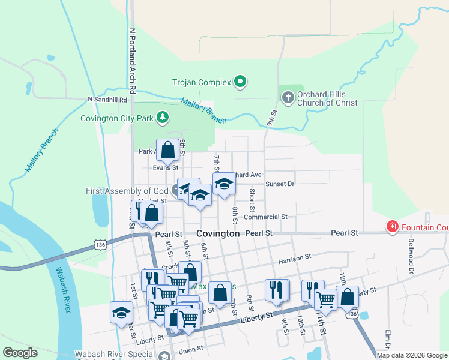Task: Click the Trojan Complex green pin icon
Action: coord(240,81)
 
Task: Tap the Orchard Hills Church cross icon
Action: coord(288,97)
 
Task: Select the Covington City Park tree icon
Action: coord(162,117)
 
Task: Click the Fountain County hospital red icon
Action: coord(392,226)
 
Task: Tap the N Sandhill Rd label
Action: coord(107,100)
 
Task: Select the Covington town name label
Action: coord(218,233)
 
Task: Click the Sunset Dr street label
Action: coord(280,184)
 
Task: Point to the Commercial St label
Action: coord(265,217)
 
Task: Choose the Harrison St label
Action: coord(294,257)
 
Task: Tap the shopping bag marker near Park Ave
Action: coord(168,150)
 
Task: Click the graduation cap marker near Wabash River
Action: coord(121,312)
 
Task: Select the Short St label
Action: coord(252,199)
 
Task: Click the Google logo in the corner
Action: coord(20,353)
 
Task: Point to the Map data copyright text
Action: coord(412,355)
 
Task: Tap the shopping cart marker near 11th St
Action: coord(325,298)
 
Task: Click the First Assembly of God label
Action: coord(128,191)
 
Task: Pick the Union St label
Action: coord(191,350)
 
